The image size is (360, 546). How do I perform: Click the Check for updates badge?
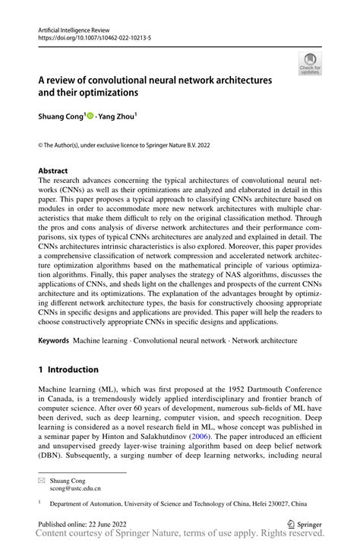tap(309, 64)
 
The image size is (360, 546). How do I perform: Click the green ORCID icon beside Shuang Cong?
tap(90, 117)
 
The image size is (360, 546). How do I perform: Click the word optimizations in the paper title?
tap(107, 93)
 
